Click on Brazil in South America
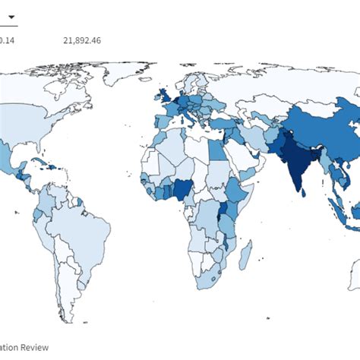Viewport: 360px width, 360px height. coord(76,228)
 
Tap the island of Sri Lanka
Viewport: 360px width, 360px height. coord(303,192)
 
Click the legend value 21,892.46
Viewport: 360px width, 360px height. coord(81,39)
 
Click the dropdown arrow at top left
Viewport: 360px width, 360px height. coord(11,17)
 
